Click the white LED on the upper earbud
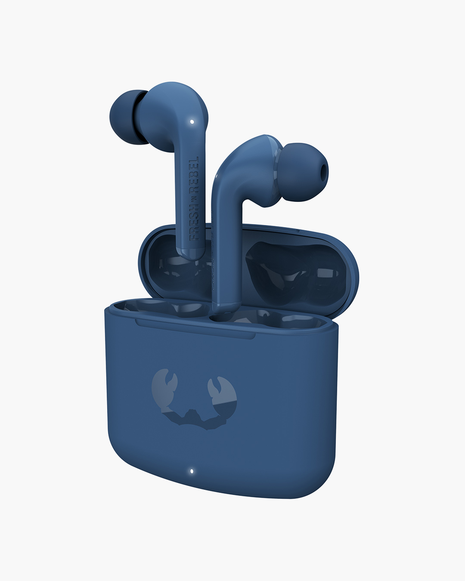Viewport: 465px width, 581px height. pyautogui.click(x=192, y=122)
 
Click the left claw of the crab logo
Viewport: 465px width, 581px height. pyautogui.click(x=164, y=385)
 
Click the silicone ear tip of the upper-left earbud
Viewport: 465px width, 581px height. pyautogui.click(x=127, y=117)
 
